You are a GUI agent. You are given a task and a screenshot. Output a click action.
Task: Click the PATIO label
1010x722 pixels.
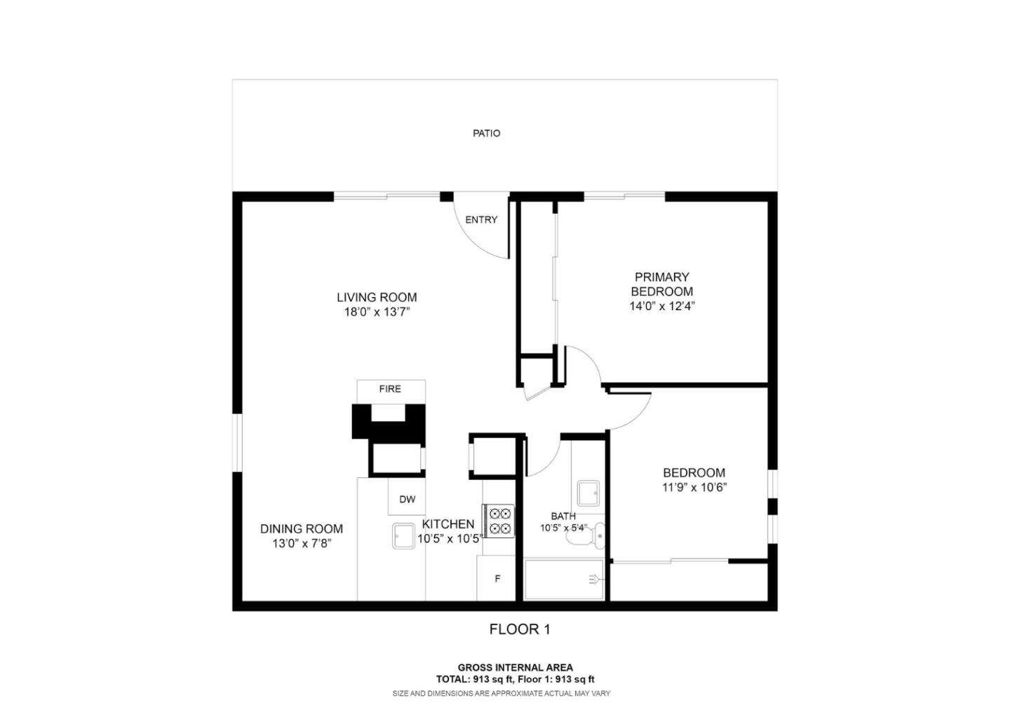pyautogui.click(x=486, y=133)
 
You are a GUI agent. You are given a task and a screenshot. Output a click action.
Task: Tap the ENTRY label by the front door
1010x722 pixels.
pyautogui.click(x=481, y=220)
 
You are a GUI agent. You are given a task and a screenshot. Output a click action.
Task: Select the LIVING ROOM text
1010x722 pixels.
pyautogui.click(x=377, y=298)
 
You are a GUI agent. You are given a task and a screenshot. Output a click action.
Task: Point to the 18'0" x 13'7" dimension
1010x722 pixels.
pyautogui.click(x=377, y=312)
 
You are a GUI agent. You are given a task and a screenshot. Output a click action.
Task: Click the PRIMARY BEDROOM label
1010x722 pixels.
pyautogui.click(x=661, y=284)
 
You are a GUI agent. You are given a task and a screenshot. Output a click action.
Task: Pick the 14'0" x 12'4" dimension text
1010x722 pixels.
pyautogui.click(x=661, y=306)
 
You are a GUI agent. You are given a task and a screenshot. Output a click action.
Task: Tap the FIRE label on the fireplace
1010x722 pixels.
pyautogui.click(x=390, y=389)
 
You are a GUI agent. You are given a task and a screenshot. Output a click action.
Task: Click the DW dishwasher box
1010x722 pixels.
pyautogui.click(x=407, y=499)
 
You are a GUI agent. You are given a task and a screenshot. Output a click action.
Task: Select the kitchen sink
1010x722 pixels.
pyautogui.click(x=405, y=537)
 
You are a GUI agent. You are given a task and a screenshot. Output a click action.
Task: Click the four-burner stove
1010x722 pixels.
pyautogui.click(x=499, y=521)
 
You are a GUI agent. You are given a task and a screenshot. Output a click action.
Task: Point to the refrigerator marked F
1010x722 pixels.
pyautogui.click(x=497, y=579)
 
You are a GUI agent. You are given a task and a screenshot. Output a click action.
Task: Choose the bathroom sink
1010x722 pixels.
pyautogui.click(x=588, y=493)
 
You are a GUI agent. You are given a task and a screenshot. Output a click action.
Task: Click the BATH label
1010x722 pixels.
pyautogui.click(x=563, y=516)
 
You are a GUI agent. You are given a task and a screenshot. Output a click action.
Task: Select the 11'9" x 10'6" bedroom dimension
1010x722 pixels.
pyautogui.click(x=694, y=488)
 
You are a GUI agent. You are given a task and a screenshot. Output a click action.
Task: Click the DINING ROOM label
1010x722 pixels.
pyautogui.click(x=302, y=529)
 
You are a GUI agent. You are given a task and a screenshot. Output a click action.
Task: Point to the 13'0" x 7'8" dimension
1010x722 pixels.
pyautogui.click(x=302, y=544)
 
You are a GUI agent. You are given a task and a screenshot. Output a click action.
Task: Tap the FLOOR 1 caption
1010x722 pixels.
pyautogui.click(x=520, y=629)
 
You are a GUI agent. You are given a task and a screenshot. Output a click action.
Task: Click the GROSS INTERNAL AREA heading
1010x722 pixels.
pyautogui.click(x=515, y=667)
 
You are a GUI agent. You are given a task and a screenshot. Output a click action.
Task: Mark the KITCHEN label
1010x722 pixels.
pyautogui.click(x=448, y=524)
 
